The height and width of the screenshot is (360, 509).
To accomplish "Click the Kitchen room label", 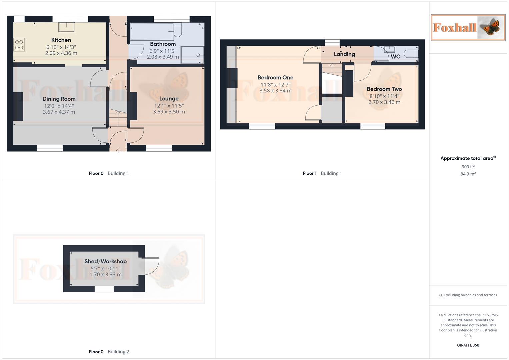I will tap(61, 40).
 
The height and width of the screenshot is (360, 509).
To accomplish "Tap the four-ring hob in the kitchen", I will tap(19, 45).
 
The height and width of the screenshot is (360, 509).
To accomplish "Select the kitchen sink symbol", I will tap(67, 27).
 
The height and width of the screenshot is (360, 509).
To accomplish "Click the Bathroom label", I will tap(163, 44).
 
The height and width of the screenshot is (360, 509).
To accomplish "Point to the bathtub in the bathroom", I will tap(152, 31).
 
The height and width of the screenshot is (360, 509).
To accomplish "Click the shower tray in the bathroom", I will tap(192, 55).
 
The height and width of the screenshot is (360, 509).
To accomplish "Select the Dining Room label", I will tap(59, 99).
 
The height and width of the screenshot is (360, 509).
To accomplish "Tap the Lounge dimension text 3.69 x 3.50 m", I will tap(169, 112).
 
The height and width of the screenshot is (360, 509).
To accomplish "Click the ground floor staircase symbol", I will tap(118, 119).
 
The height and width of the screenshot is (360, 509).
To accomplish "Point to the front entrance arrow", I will tap(118, 151).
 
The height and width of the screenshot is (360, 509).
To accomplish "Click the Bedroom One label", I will tap(275, 78).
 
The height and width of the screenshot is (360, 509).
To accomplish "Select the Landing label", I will tap(344, 54).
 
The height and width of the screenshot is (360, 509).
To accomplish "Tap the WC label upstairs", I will tap(395, 57).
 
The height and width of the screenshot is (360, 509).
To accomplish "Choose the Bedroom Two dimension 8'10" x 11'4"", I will tap(384, 96).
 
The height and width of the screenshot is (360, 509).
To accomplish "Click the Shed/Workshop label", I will tap(105, 262).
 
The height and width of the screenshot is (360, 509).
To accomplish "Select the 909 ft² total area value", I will tap(468, 167).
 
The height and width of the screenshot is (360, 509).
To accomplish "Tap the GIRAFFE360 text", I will tap(468, 345).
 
